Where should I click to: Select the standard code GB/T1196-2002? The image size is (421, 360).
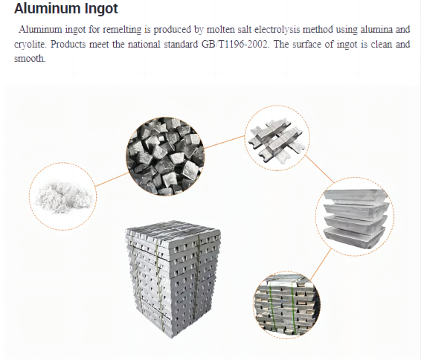coord(251,45)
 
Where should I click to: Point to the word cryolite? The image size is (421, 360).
coord(29,45)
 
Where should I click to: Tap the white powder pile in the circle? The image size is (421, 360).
coord(62,196)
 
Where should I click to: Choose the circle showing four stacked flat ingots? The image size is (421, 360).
coord(356,217)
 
